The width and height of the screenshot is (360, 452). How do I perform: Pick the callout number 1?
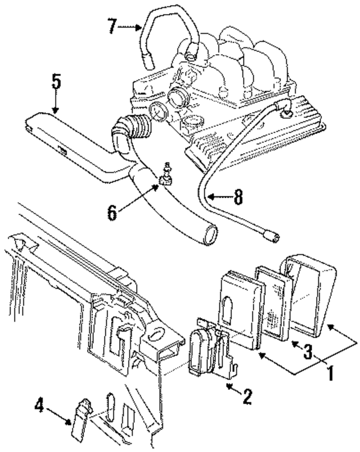(x=331, y=372)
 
